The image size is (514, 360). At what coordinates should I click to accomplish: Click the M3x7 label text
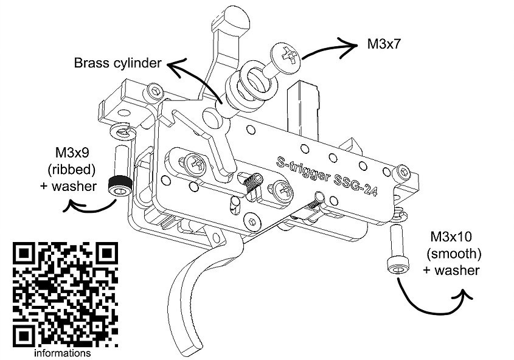pos(386,44)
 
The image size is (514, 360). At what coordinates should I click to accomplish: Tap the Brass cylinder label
pos(117,63)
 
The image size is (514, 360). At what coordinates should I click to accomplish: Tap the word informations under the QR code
pos(63,353)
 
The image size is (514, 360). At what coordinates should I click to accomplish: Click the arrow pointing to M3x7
pos(332,48)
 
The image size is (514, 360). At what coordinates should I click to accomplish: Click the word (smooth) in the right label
pos(451,253)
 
